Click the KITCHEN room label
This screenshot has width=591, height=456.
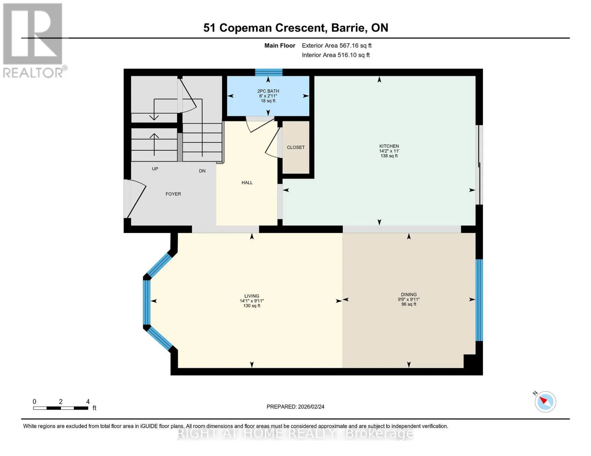click(389, 146)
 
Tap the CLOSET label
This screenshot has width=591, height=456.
click(296, 147)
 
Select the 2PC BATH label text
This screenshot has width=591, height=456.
click(268, 91)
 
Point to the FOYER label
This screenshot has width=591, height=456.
click(173, 194)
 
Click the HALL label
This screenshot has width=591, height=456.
click(247, 182)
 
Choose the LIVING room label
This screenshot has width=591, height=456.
click(252, 296)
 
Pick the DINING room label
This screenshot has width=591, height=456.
click(409, 294)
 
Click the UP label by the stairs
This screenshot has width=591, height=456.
click(155, 169)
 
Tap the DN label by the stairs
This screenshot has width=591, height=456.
click(202, 171)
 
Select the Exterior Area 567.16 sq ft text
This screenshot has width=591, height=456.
click(336, 46)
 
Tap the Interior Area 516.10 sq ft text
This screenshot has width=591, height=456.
click(336, 55)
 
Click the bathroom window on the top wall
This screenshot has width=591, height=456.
click(268, 73)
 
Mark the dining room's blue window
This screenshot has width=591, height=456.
click(479, 300)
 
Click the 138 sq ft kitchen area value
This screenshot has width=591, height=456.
click(389, 156)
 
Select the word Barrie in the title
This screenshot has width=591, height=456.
click(348, 28)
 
